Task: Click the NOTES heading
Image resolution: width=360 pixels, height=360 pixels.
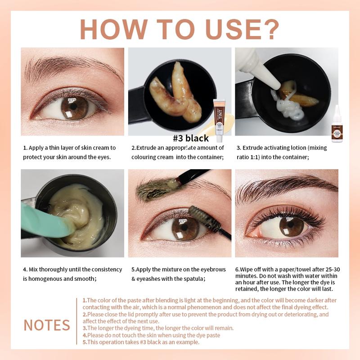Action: coord(47,325)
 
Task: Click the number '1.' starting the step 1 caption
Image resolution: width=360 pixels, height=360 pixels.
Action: coord(26,148)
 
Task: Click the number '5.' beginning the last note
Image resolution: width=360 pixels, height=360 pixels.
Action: coord(85,342)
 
